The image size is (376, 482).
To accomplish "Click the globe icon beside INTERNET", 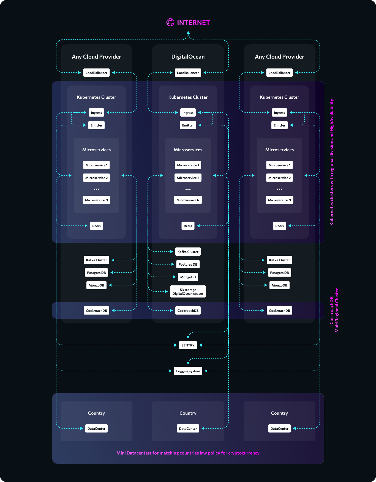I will [170, 22].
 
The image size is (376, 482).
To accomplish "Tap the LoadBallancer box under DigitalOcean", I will [188, 73].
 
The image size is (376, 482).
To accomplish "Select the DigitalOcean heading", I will [188, 57].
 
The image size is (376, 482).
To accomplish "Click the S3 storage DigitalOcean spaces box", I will [188, 291].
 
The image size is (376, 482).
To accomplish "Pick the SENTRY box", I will [188, 345].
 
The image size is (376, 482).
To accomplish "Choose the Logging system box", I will [188, 371].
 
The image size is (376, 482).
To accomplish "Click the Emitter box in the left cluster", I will [96, 125].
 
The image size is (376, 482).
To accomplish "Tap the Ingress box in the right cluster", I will [279, 112].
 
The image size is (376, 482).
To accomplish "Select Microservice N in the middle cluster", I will [188, 200].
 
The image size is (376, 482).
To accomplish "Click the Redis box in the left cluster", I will [96, 226].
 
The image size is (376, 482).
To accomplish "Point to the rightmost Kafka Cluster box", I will [279, 260].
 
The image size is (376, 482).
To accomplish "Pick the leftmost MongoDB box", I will [96, 285].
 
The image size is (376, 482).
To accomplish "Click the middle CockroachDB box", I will [188, 310].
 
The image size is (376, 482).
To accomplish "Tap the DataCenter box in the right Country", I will [279, 428].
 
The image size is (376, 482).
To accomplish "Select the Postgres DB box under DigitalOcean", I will [188, 264].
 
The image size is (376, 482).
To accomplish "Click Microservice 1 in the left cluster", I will [96, 165].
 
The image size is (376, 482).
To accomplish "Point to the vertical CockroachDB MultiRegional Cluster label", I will [334, 311].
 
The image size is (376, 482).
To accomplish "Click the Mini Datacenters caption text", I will [188, 453].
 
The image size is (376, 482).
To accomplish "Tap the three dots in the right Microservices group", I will [279, 189].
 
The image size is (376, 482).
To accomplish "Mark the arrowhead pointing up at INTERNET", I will [188, 33].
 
